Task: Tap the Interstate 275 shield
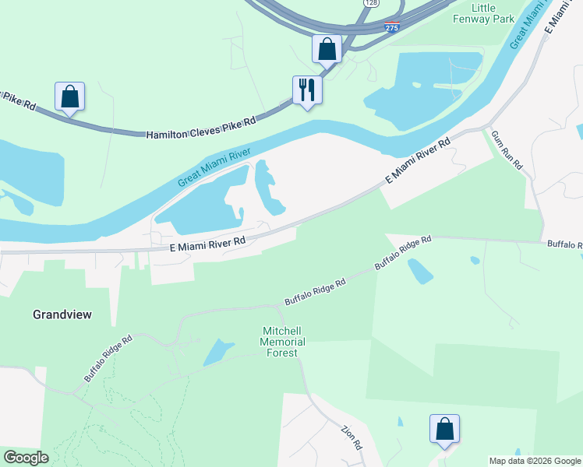tap(393, 27)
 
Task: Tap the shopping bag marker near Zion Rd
tap(444, 429)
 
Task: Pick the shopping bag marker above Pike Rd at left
tap(69, 97)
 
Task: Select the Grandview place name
tap(62, 314)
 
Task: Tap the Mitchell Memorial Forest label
tap(282, 342)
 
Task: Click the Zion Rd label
tap(352, 437)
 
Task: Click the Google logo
tap(26, 458)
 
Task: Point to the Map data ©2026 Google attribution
tap(535, 461)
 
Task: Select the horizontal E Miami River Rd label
tap(207, 244)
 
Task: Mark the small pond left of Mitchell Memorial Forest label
tap(218, 353)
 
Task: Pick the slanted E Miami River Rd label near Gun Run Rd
tap(419, 160)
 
